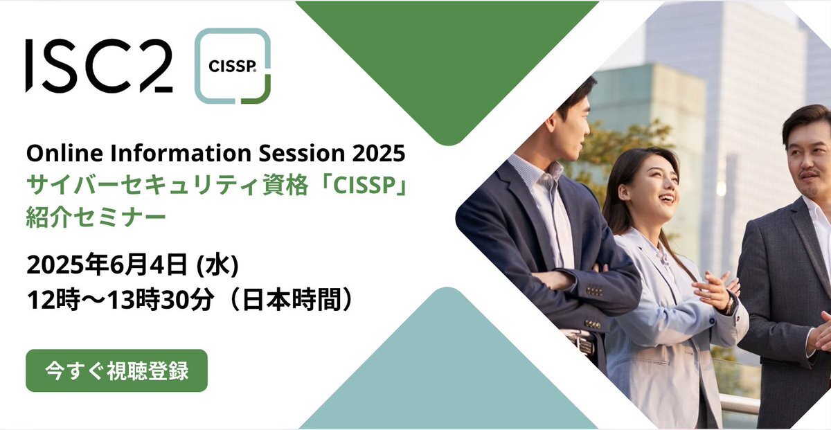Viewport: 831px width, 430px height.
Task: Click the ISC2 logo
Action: click(99, 66)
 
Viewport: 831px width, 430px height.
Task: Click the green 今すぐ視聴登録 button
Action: click(116, 370)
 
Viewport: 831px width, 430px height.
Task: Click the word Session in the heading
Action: click(302, 153)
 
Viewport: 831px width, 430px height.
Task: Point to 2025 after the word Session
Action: click(379, 153)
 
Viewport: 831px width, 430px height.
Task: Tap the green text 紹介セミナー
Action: click(96, 217)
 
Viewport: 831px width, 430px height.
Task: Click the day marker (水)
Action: click(217, 265)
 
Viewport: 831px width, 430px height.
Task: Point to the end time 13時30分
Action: click(161, 300)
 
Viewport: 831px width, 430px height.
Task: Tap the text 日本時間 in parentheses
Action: click(291, 300)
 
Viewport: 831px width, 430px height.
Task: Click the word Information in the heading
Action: click(181, 153)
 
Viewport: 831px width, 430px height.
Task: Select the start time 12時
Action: click(53, 300)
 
